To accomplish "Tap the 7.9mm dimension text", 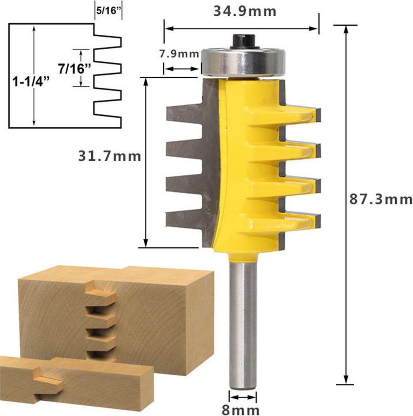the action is [x=179, y=54].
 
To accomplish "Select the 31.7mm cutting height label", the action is [x=109, y=156].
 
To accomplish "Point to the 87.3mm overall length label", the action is [x=381, y=199].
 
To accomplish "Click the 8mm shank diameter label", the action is [x=241, y=409].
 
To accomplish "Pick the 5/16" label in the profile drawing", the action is [x=108, y=11].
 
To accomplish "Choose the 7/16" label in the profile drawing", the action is [x=74, y=69].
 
